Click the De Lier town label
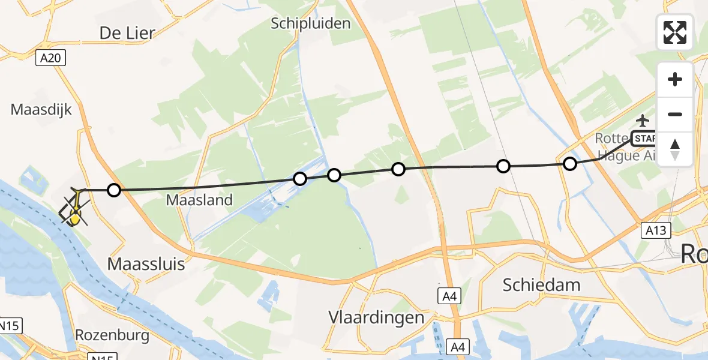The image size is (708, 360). pyautogui.click(x=127, y=32)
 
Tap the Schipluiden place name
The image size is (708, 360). pyautogui.click(x=310, y=23)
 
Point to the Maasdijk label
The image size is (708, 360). pyautogui.click(x=41, y=110)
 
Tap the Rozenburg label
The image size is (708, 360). pyautogui.click(x=112, y=335)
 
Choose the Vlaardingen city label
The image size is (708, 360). pyautogui.click(x=376, y=317)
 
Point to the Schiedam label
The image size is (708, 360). pyautogui.click(x=542, y=284)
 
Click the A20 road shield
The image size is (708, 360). pyautogui.click(x=50, y=58)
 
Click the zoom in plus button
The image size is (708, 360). pyautogui.click(x=675, y=79)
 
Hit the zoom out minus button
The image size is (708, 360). pyautogui.click(x=675, y=114)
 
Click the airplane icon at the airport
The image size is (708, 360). pyautogui.click(x=643, y=121)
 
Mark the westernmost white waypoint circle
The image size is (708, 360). pyautogui.click(x=113, y=190)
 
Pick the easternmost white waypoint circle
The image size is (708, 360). pyautogui.click(x=570, y=163)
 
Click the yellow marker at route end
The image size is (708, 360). pyautogui.click(x=74, y=219)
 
